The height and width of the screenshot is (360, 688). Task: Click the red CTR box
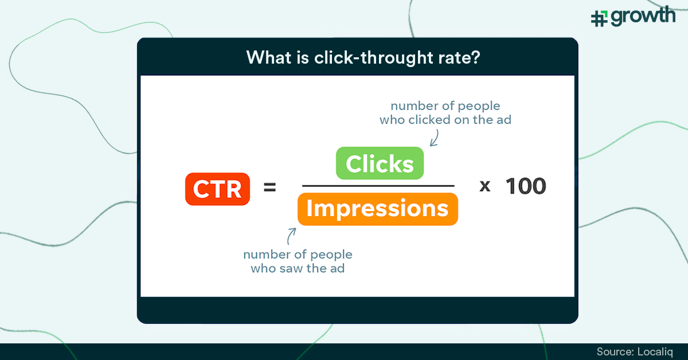[217, 189]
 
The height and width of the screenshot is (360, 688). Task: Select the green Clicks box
[379, 164]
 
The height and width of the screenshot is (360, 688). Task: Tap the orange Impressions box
[377, 209]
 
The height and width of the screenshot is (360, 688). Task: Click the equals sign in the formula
[269, 187]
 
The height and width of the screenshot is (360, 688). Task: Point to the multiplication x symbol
[485, 187]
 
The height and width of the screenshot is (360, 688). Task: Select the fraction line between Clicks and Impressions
[378, 186]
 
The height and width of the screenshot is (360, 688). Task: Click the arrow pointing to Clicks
[433, 137]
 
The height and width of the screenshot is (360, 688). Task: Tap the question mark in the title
[475, 57]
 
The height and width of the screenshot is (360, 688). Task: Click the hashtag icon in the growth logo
[599, 18]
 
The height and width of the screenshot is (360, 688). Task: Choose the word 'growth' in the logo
[642, 16]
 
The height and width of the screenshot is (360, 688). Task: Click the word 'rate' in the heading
[453, 57]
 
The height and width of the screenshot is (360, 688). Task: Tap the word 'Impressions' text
[377, 209]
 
